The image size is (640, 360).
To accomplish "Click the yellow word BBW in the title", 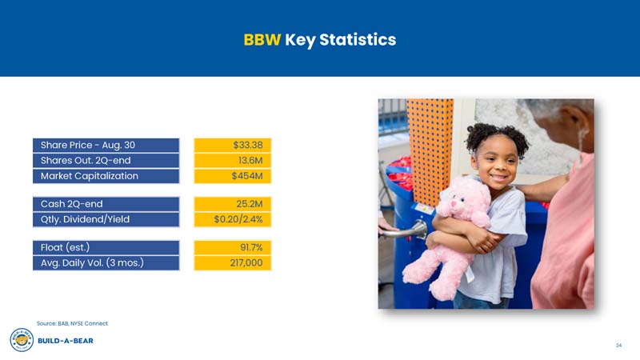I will click(x=262, y=39).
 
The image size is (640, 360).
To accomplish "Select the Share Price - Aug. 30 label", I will click(x=106, y=145).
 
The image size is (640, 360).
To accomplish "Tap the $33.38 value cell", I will click(x=233, y=145).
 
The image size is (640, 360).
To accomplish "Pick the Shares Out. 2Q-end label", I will click(x=106, y=160).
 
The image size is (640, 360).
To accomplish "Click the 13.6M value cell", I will click(x=233, y=160).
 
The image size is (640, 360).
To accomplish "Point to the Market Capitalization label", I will click(x=106, y=176).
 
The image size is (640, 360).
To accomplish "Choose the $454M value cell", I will click(x=233, y=176).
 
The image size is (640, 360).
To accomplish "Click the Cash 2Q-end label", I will click(x=106, y=204).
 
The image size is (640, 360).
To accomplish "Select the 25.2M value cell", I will click(x=233, y=204).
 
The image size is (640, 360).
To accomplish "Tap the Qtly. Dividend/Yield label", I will click(x=106, y=219).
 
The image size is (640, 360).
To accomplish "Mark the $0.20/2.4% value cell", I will click(x=233, y=219).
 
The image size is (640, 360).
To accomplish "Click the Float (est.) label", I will click(x=106, y=247).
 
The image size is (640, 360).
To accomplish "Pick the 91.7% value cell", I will click(x=233, y=247).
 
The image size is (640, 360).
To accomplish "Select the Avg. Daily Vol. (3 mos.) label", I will click(x=106, y=262).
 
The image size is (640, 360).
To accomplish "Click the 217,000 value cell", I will click(x=233, y=262).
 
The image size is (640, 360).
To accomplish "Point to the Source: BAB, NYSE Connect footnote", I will click(x=72, y=323).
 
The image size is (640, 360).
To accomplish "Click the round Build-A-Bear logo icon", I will click(x=21, y=339).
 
